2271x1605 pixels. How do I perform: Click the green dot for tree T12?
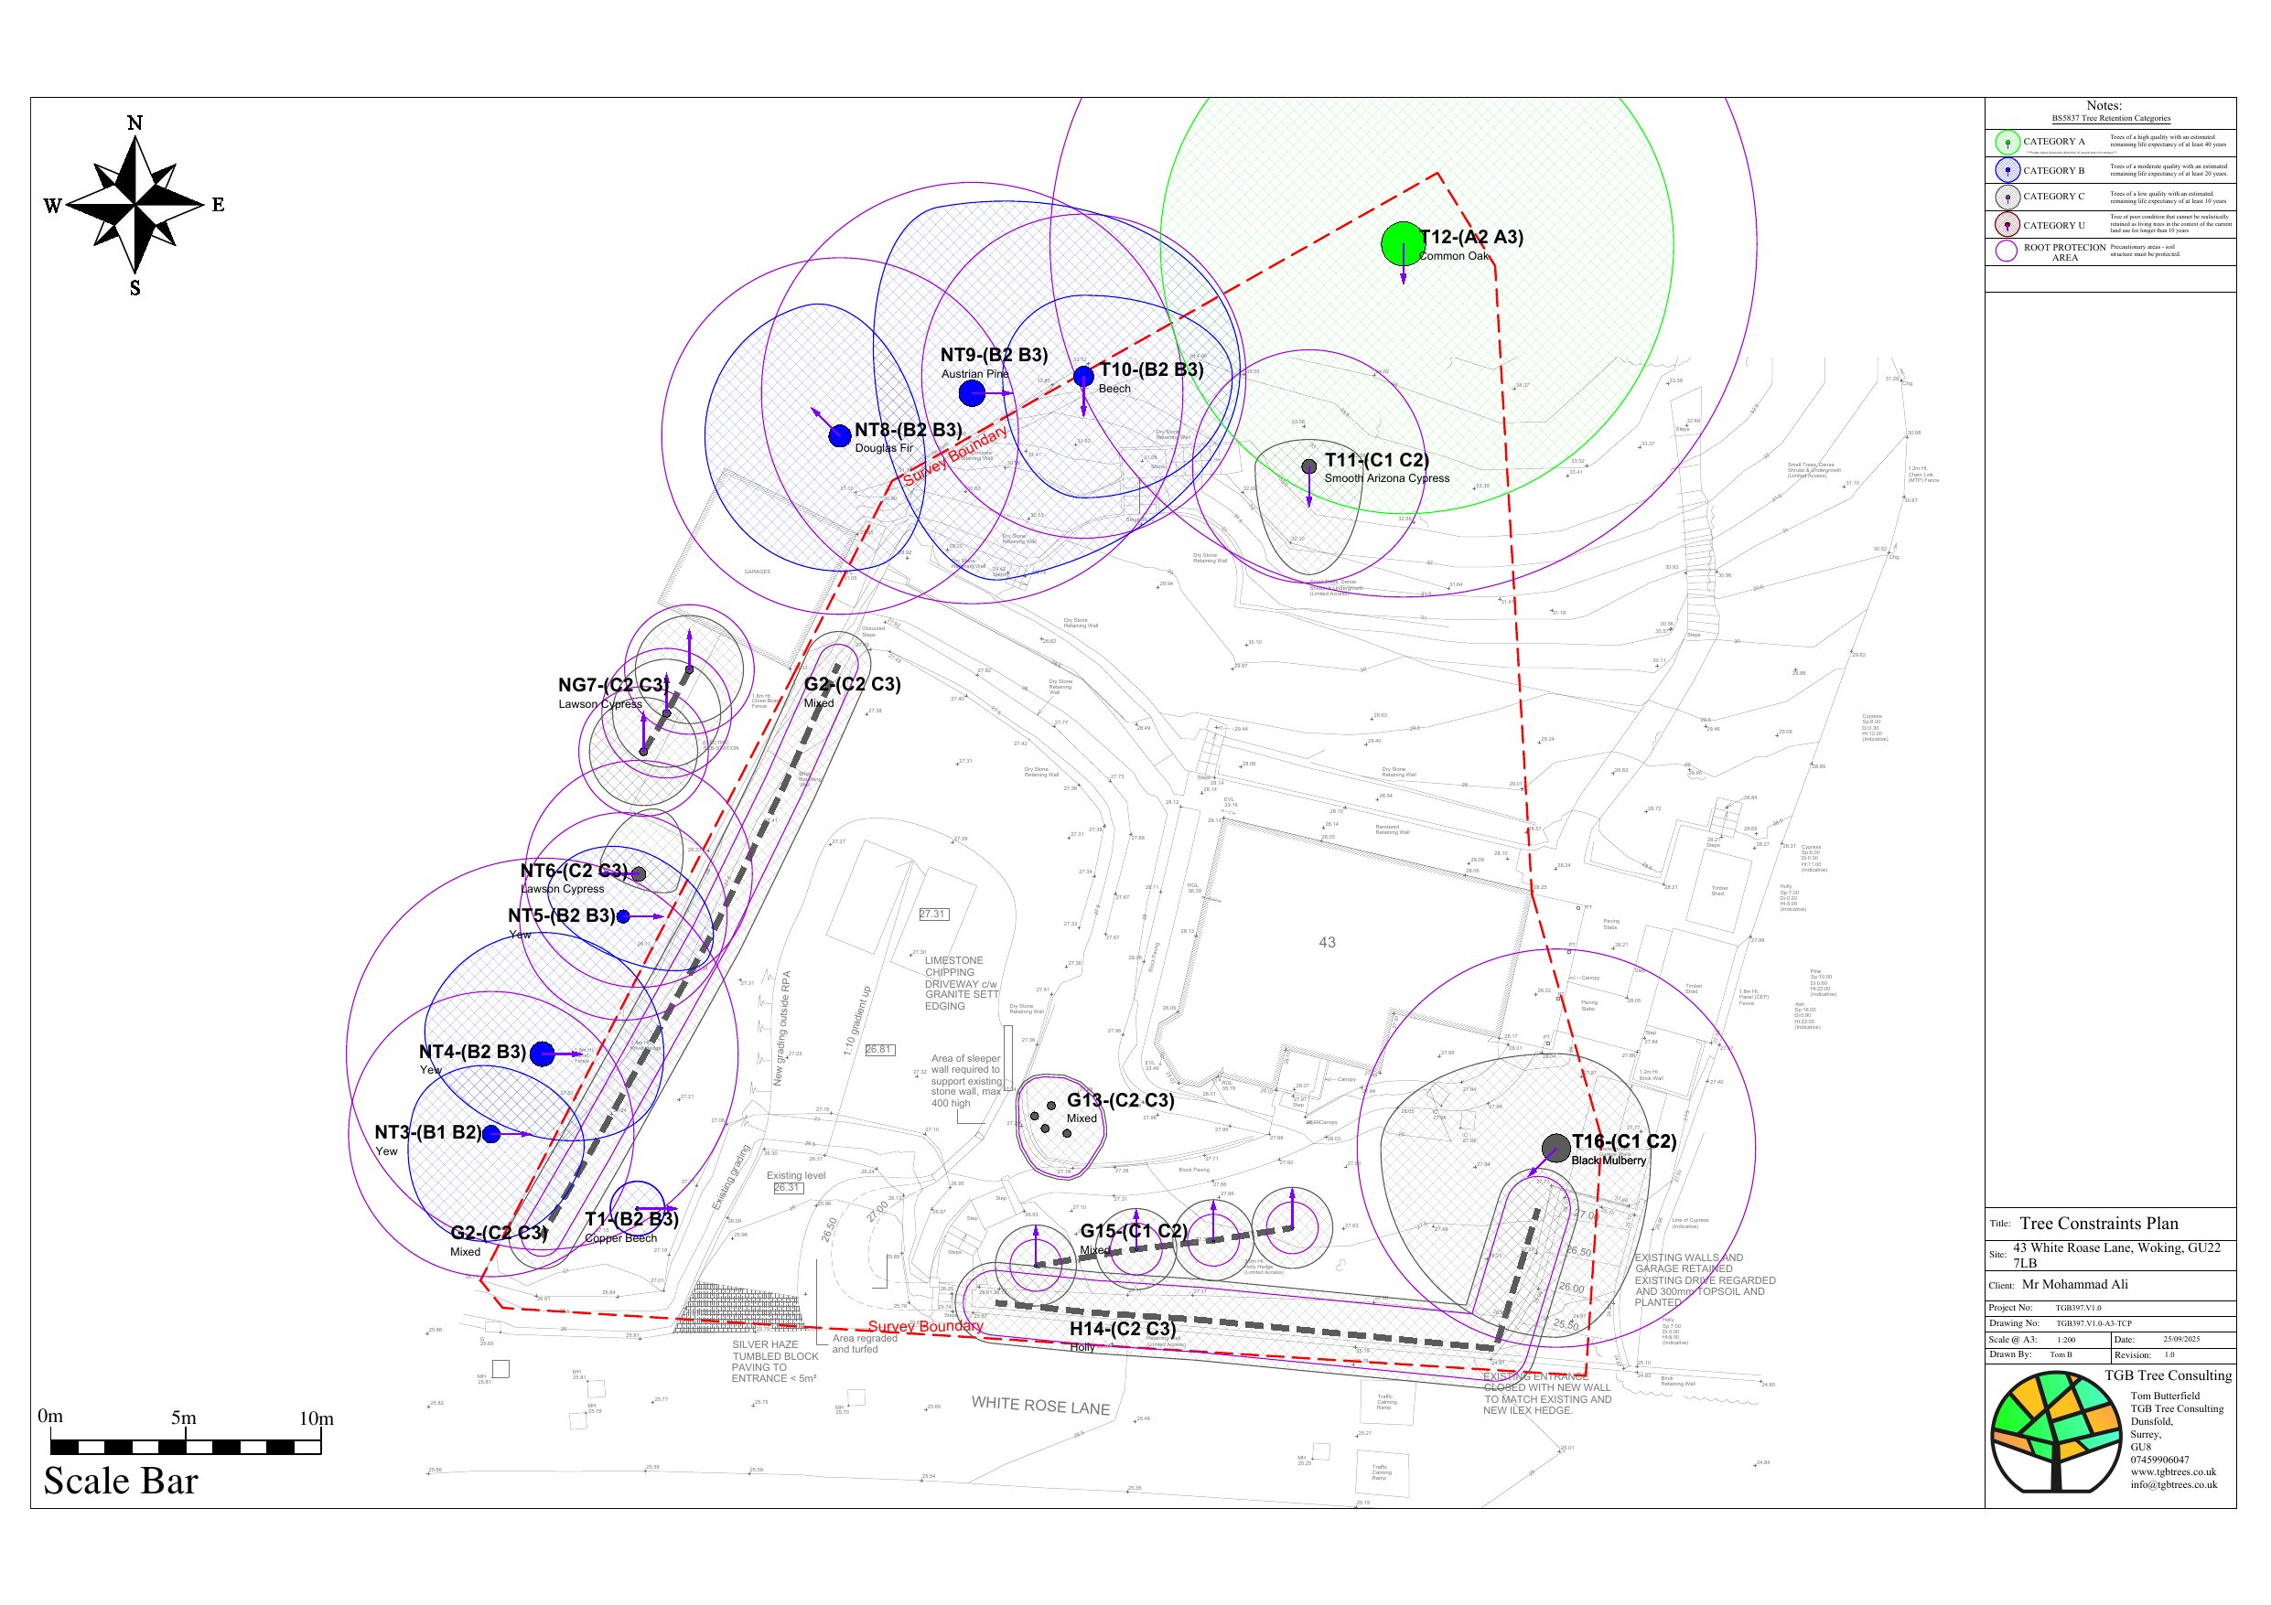1401,244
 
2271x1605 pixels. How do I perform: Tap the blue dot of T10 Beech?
1083,376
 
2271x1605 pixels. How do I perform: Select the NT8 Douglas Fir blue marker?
840,435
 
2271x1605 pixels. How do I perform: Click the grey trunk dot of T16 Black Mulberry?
1555,1148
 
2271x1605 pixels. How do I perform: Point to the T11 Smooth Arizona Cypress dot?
1308,465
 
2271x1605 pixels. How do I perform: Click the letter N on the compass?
135,123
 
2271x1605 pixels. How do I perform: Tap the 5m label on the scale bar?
183,1418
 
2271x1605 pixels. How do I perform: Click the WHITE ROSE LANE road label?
1039,1406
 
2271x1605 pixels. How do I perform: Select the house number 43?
1327,943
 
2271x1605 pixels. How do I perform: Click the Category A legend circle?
2007,143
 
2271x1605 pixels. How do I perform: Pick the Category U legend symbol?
2007,226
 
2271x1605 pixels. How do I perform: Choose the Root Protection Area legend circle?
2006,251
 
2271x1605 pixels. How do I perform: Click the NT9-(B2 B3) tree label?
993,355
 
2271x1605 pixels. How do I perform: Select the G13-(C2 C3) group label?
1120,1099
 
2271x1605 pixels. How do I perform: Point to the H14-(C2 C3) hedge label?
1122,1329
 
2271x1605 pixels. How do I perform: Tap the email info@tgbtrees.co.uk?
2173,1484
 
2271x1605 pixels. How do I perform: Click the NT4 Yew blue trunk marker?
542,1054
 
